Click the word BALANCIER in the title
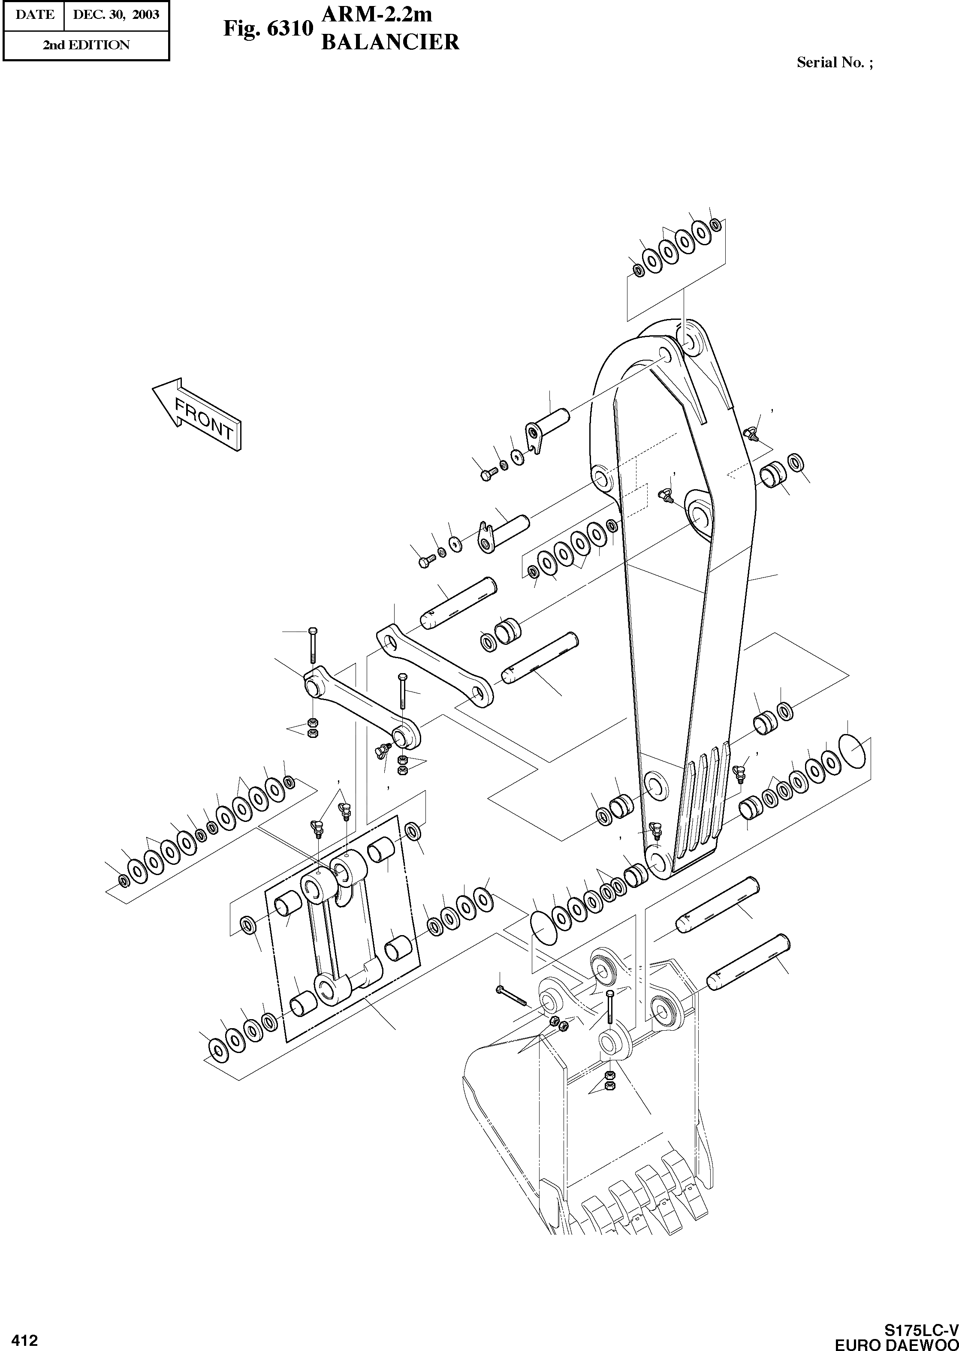point(390,42)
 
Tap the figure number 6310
point(289,28)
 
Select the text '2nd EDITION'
point(86,45)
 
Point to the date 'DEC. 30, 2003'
point(116,14)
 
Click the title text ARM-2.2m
point(376,14)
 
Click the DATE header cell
point(34,14)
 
